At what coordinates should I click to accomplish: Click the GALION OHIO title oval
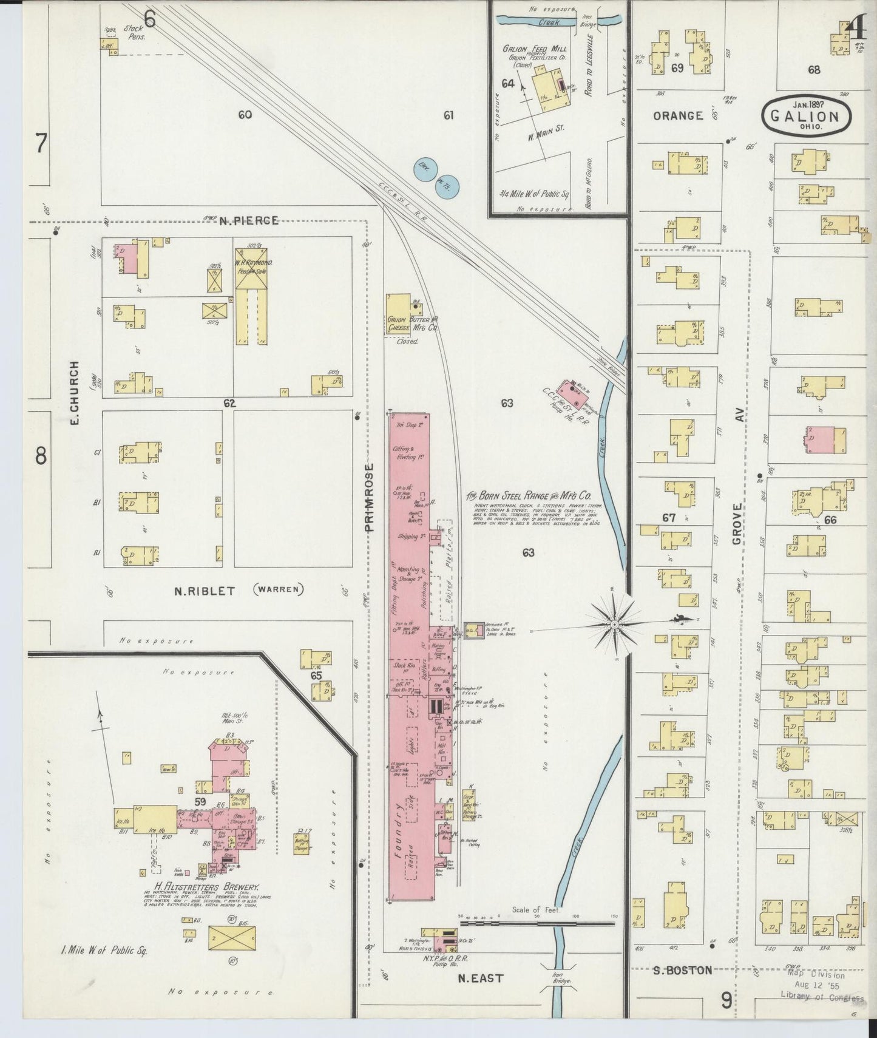[806, 115]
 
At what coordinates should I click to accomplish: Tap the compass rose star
[614, 623]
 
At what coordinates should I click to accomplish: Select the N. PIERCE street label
[248, 220]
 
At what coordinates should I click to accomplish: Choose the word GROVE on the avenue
[737, 523]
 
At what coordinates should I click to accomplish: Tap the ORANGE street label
[678, 115]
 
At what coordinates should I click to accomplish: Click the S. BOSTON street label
[682, 970]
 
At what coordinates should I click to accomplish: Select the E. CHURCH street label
[75, 393]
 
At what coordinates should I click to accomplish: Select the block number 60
[245, 115]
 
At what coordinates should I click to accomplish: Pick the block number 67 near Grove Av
[669, 518]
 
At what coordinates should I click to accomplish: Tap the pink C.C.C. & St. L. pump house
[575, 395]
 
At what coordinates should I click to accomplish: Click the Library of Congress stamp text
[822, 999]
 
